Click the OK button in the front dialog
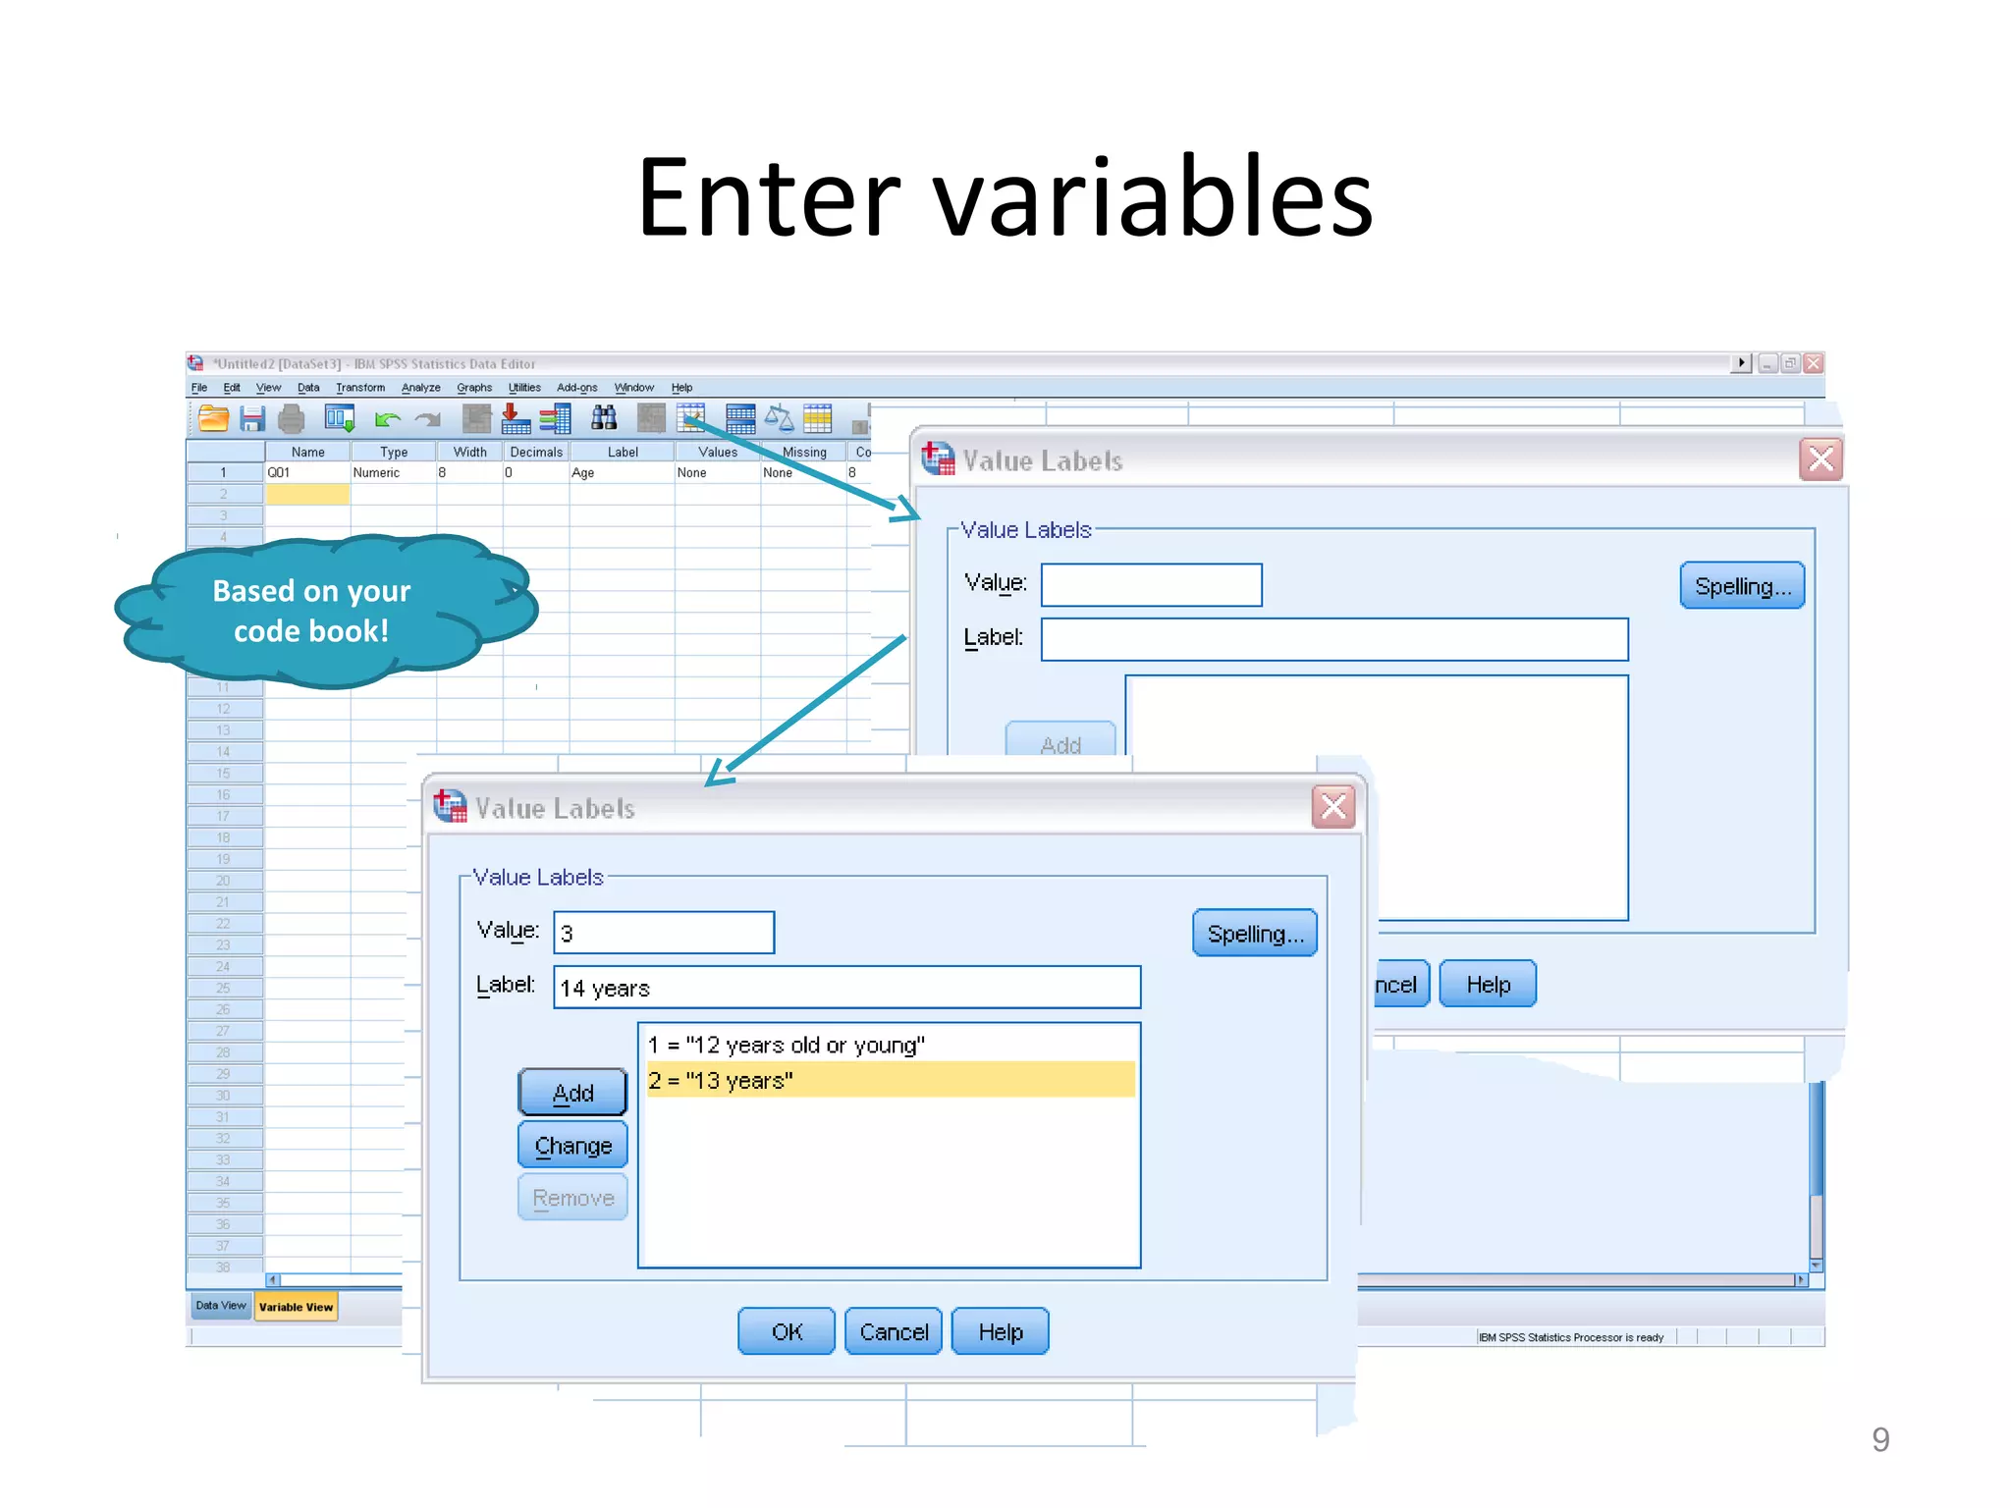pos(786,1331)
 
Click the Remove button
pos(572,1198)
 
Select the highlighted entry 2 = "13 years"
pos(890,1080)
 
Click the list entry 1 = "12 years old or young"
pos(786,1045)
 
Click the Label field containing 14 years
pos(846,988)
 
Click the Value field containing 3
pos(664,933)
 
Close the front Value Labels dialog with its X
pos(1333,807)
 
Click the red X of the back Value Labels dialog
pos(1821,459)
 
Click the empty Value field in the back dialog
pos(1151,585)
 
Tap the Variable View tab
pos(296,1307)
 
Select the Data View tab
pos(220,1306)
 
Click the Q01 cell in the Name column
pos(306,472)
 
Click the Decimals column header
pos(536,452)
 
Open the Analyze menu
pos(420,388)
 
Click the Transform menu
pos(359,388)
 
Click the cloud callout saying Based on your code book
pos(311,611)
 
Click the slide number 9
pos(1879,1439)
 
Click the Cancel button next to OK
pos(894,1331)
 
